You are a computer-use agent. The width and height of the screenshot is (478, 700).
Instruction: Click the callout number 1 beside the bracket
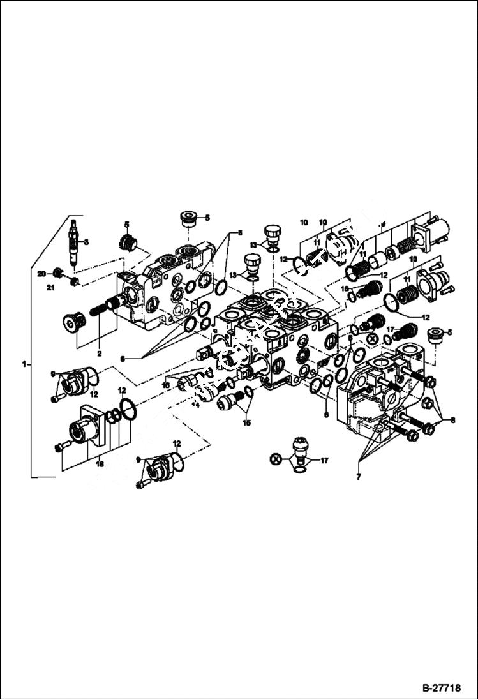click(24, 364)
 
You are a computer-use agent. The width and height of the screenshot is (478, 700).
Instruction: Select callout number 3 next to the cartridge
click(86, 242)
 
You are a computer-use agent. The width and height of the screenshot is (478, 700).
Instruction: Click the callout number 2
click(99, 352)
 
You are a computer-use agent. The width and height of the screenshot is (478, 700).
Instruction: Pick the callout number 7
click(359, 477)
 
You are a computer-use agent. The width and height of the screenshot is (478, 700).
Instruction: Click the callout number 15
click(246, 422)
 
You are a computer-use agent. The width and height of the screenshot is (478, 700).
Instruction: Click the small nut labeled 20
click(57, 273)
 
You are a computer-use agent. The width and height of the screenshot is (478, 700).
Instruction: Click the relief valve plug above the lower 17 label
click(300, 447)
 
